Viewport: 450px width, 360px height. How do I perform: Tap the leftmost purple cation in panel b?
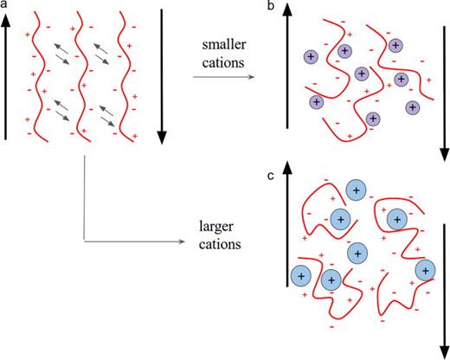click(x=310, y=56)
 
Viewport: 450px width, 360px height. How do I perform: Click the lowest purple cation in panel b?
click(x=374, y=119)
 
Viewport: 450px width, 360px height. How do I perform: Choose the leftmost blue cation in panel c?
click(x=300, y=276)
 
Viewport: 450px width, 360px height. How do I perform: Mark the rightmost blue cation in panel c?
click(x=425, y=269)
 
